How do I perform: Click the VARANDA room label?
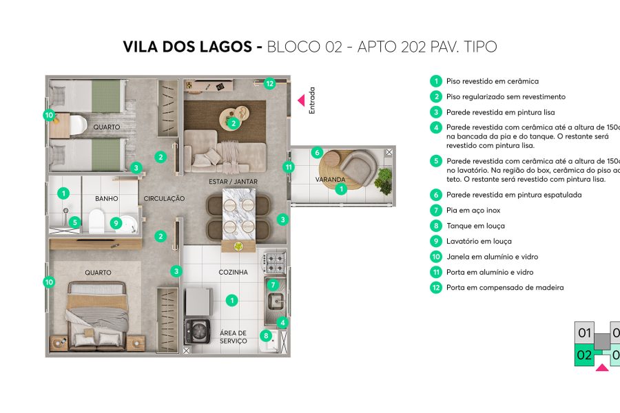330,180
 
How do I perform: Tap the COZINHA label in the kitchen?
233,273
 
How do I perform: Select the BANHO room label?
107,199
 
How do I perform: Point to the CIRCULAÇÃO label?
164,199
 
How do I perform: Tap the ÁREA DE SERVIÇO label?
233,337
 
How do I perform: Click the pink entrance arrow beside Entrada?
300,100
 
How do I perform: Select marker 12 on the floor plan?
269,83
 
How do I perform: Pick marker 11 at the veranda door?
289,167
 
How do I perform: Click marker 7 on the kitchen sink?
273,284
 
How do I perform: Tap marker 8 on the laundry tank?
265,336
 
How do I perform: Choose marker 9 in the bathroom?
116,222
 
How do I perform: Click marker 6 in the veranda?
317,152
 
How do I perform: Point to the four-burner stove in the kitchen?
276,262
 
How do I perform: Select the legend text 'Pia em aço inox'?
474,210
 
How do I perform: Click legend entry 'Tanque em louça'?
475,226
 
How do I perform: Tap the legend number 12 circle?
435,288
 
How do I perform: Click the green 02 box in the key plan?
584,355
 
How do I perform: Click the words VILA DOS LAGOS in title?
187,47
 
